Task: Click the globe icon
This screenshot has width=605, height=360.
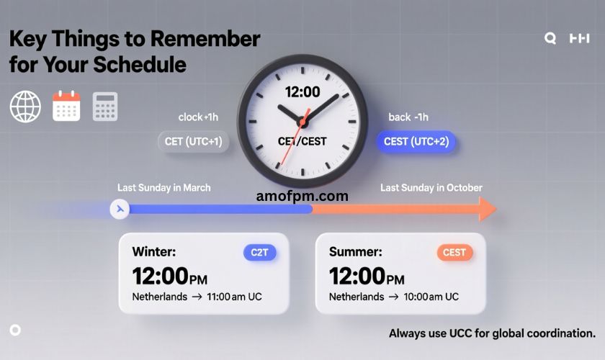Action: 25,107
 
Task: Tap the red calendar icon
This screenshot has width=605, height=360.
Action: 66,106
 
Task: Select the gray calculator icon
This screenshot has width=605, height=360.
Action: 105,107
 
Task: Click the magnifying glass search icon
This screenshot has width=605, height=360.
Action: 550,39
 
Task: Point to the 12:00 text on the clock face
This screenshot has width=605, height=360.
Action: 302,92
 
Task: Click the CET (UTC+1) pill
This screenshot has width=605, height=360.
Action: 193,142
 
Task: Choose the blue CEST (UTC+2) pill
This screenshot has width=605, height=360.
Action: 416,142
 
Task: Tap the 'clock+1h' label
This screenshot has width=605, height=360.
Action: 201,117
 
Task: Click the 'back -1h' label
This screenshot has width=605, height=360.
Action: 408,117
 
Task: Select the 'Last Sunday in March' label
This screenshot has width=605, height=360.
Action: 164,187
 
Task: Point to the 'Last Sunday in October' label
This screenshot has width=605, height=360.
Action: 431,187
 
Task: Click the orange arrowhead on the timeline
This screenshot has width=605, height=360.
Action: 487,209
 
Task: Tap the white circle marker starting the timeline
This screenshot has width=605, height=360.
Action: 119,209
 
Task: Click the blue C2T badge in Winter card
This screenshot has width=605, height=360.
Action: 259,252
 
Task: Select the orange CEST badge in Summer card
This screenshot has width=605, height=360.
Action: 454,252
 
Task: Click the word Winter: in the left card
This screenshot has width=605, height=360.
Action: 154,252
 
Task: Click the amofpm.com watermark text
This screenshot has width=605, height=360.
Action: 302,196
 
